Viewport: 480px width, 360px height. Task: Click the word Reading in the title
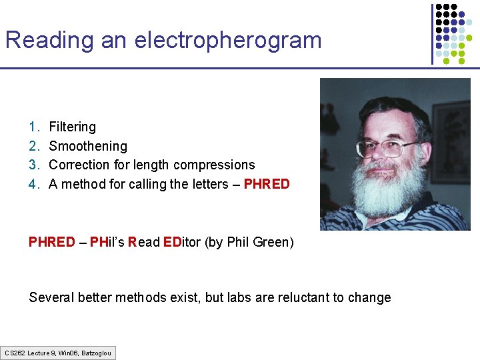[x=50, y=41]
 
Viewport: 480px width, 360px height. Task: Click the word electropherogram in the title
[x=228, y=41]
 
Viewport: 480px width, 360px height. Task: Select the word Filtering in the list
[x=72, y=127]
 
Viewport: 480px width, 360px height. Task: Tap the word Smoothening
[x=88, y=146]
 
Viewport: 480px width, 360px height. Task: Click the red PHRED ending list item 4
[x=267, y=184]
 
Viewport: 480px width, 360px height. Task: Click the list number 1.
[x=33, y=127]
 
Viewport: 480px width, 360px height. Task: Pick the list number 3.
[x=33, y=165]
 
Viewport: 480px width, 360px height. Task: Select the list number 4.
[x=33, y=184]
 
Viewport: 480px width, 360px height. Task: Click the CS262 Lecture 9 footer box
[x=58, y=353]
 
